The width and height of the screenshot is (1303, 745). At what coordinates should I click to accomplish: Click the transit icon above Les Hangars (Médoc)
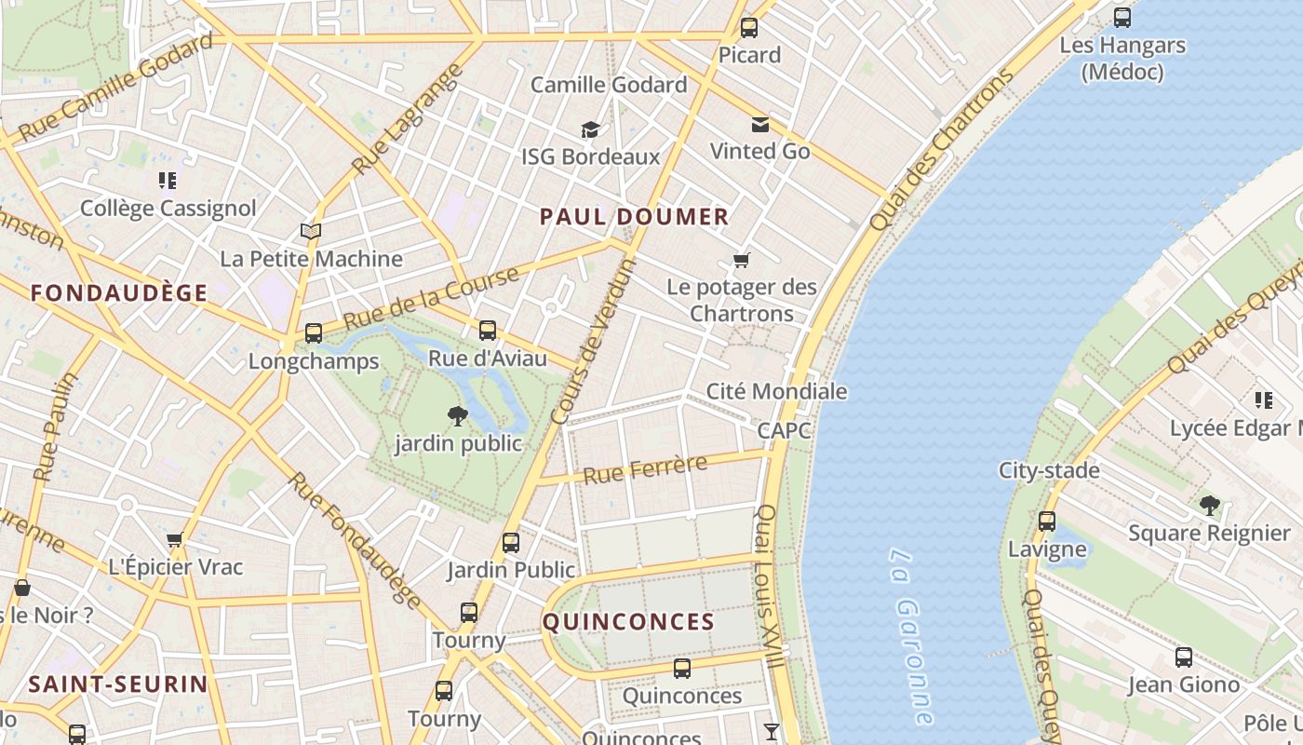coord(1122,17)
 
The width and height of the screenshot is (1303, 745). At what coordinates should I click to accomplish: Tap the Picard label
coord(749,55)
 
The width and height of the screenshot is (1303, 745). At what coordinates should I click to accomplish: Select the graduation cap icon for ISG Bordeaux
coord(590,129)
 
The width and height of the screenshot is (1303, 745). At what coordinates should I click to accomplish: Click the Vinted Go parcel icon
coord(760,125)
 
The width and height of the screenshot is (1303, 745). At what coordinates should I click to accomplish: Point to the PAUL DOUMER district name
coord(634,217)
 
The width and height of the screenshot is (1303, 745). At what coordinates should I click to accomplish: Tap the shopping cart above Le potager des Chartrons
coord(742,260)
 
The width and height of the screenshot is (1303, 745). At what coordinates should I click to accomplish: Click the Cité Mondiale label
coord(776,391)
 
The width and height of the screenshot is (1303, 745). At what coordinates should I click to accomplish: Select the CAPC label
coord(784,430)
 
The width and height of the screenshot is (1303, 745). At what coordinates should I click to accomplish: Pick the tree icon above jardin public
coord(457,415)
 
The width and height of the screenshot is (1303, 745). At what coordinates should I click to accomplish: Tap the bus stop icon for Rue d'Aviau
coord(488,331)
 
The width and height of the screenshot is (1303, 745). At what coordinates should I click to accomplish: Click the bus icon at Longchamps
coord(314,333)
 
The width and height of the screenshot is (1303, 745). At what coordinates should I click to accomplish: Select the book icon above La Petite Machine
coord(311,231)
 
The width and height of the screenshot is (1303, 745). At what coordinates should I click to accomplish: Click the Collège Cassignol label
coord(168,208)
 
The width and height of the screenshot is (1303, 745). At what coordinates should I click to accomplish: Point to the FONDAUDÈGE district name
coord(119,293)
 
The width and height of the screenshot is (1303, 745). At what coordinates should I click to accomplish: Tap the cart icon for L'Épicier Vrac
coord(174,540)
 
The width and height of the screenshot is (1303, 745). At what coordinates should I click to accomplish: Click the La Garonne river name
coord(909,636)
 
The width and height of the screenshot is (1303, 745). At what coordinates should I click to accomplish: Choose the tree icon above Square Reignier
coord(1209,506)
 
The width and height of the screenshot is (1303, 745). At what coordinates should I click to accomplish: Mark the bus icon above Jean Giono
coord(1184,657)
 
